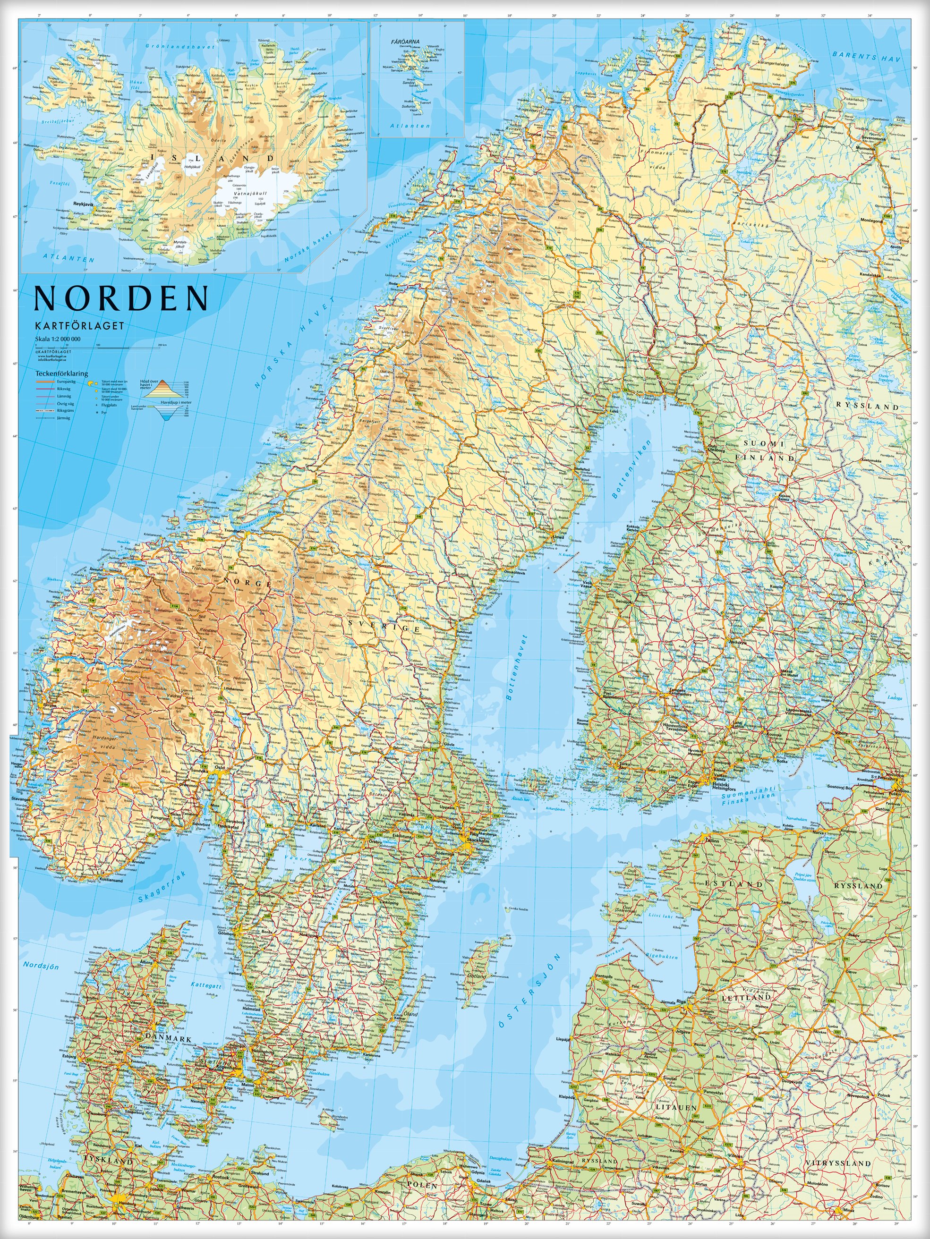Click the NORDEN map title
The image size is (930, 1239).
tap(121, 298)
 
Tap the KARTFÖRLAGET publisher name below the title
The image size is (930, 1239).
tap(79, 326)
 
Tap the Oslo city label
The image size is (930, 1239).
tap(220, 768)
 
